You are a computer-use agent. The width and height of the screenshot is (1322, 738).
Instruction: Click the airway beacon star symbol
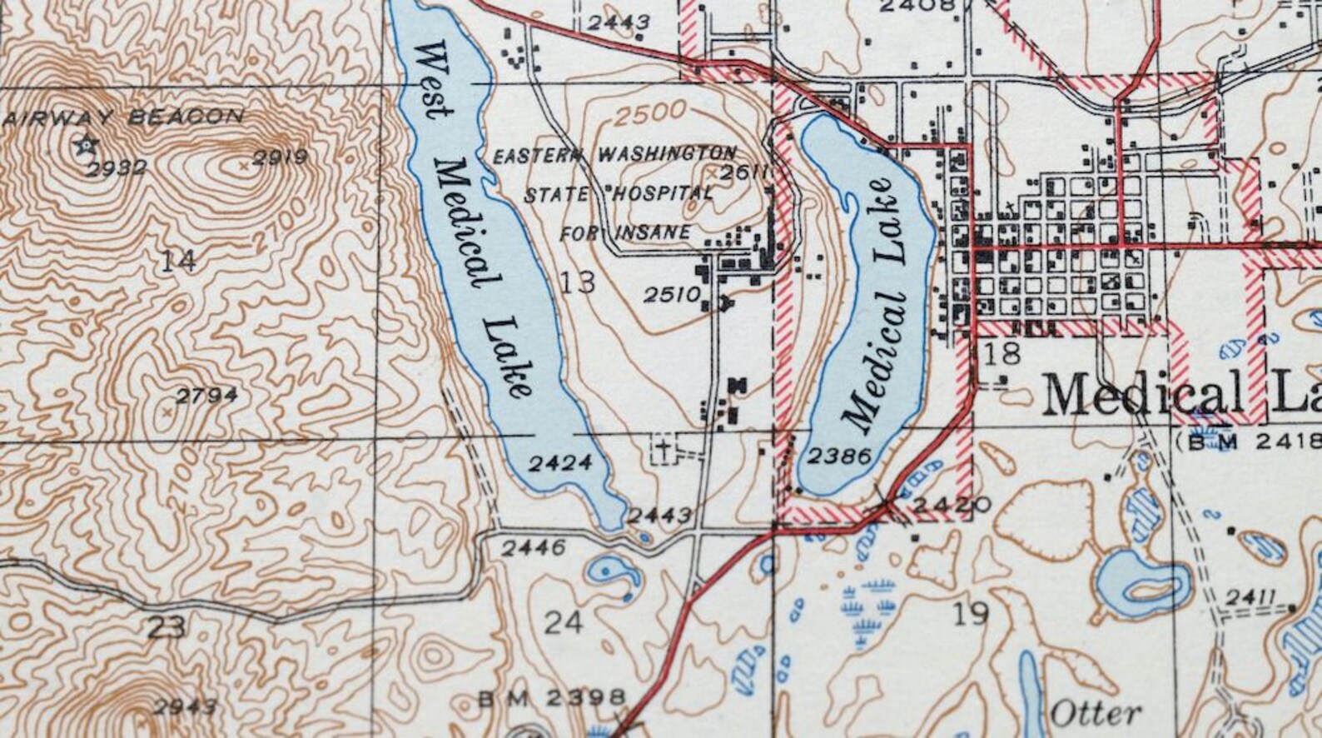point(86,146)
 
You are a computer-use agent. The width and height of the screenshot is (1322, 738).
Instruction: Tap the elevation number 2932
point(117,169)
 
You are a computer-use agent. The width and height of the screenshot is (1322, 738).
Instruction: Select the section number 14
point(178,261)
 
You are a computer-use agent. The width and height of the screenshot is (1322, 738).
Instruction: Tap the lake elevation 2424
point(560,463)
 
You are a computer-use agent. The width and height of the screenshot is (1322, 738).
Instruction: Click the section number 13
point(577,282)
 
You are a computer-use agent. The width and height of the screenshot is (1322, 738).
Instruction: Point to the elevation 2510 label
point(672,294)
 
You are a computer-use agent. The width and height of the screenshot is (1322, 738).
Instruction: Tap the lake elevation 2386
point(839,456)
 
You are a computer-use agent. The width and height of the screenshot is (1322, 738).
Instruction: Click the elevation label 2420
point(941,504)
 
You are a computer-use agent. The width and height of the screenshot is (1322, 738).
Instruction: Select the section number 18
point(1001,353)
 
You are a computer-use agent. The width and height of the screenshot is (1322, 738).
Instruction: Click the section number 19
point(971,614)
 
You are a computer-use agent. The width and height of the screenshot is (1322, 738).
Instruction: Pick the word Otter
point(1095,713)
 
